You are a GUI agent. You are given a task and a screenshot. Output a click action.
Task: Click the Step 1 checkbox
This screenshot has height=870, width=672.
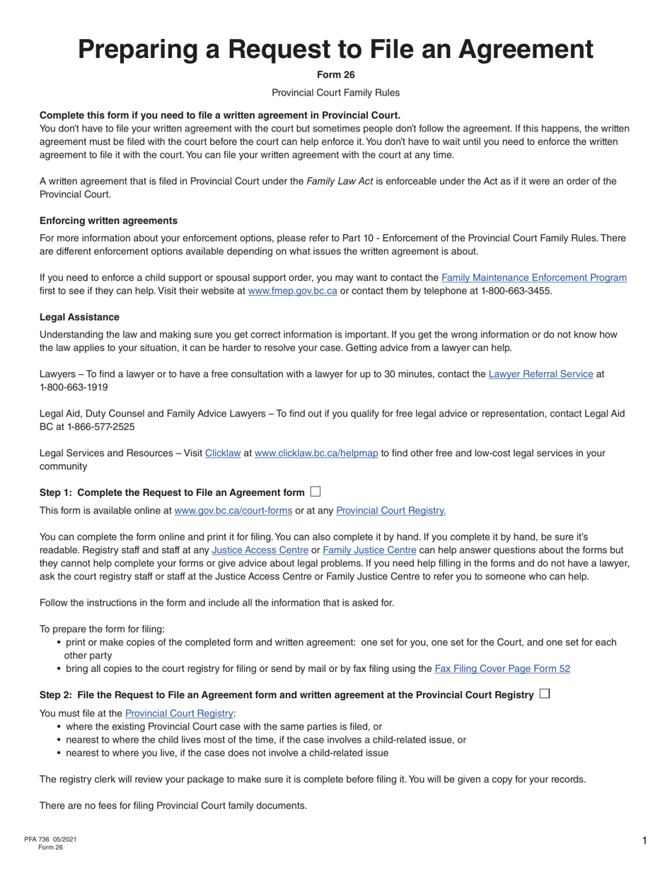point(315,492)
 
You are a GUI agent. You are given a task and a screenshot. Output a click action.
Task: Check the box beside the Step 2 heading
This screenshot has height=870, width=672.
point(544,694)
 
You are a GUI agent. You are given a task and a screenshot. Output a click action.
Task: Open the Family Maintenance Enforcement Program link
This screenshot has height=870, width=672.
point(533,277)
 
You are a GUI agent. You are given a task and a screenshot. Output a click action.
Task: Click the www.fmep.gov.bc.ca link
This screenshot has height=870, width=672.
point(292,291)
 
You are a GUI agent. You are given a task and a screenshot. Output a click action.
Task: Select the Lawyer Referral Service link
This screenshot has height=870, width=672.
point(540,373)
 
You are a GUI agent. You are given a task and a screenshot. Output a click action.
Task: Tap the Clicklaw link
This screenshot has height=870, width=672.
point(223,453)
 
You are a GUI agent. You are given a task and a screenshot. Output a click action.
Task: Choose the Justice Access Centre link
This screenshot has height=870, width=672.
point(260,550)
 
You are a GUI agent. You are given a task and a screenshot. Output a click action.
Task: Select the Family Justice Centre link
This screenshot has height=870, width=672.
point(369,550)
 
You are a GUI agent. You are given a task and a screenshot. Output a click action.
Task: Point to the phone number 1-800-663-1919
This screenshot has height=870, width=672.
point(74,387)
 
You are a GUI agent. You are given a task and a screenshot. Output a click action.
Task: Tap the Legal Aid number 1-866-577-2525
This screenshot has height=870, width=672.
point(104,427)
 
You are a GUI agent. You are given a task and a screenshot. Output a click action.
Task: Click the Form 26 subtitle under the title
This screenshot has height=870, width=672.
point(335,75)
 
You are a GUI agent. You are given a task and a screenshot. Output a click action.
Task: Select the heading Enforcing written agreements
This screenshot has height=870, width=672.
point(108,221)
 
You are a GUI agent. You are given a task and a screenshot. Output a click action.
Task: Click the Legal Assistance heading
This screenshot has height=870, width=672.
point(79,317)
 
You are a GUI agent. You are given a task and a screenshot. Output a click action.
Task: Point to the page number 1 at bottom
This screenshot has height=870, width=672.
point(644,840)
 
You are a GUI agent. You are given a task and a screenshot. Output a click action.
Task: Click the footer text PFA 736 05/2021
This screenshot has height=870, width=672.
point(50,839)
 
